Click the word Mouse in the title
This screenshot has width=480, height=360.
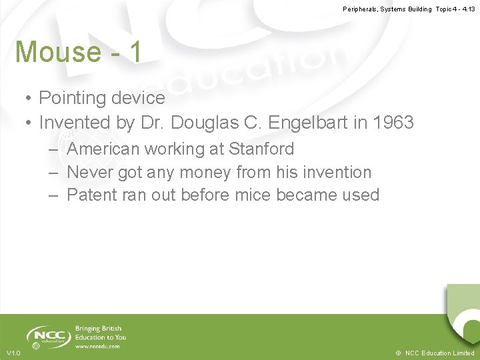pyautogui.click(x=56, y=52)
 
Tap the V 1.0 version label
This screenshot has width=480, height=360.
pyautogui.click(x=13, y=353)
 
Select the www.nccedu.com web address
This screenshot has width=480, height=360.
pyautogui.click(x=97, y=347)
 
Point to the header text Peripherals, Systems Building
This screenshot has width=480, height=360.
pyautogui.click(x=387, y=9)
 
